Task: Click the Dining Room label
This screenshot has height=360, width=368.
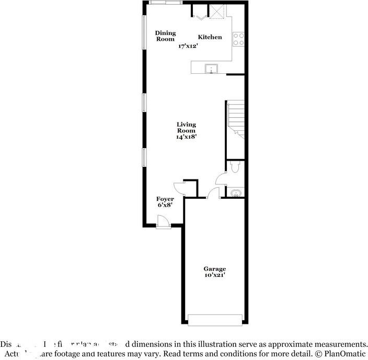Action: [165, 36]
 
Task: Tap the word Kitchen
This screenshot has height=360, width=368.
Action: [210, 37]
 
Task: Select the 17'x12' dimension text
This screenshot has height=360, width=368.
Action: [188, 46]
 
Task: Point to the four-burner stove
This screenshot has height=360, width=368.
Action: [239, 39]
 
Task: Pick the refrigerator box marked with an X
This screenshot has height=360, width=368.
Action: [217, 12]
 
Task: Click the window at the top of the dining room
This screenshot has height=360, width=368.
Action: [165, 3]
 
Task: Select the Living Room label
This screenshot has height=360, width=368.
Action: [186, 128]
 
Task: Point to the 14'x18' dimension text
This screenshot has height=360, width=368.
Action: [186, 137]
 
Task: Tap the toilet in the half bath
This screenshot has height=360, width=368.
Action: [235, 166]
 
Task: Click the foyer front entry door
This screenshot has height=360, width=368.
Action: [163, 222]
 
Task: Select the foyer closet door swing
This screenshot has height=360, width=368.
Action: [179, 188]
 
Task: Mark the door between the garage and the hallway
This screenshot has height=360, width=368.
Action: [212, 194]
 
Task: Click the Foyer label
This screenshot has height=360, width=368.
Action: [165, 199]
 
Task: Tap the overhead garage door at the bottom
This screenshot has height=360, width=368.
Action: [215, 320]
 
